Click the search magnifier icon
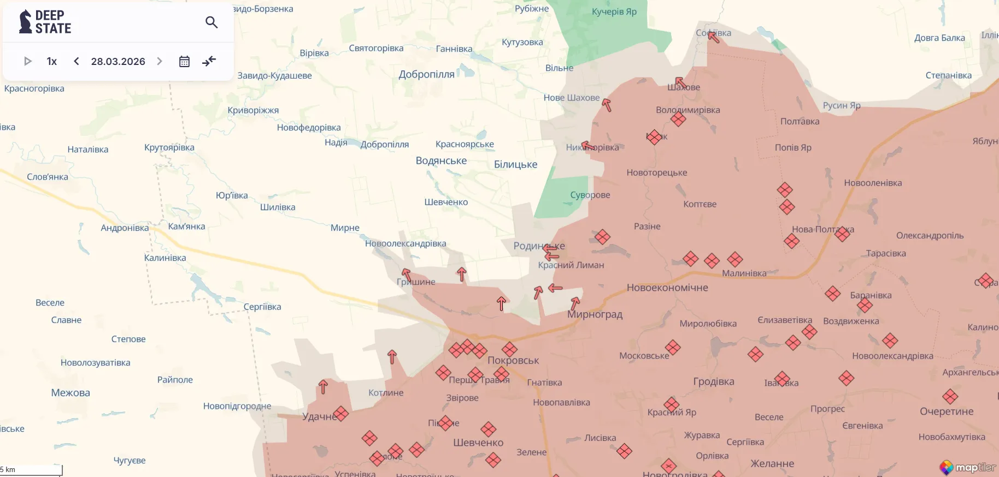(x=211, y=22)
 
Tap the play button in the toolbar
(x=28, y=61)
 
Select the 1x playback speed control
(x=52, y=61)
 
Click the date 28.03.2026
(x=118, y=61)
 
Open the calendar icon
(x=184, y=61)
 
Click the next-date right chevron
(x=160, y=61)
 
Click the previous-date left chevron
(x=77, y=61)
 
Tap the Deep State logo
(x=45, y=22)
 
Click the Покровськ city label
(x=513, y=360)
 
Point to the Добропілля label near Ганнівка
(x=426, y=74)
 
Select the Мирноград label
(x=595, y=314)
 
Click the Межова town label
(x=70, y=392)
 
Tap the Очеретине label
(x=947, y=411)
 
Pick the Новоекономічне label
(x=667, y=288)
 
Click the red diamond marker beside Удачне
(x=340, y=414)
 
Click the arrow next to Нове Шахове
(x=606, y=104)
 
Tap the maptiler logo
(x=968, y=467)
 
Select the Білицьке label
(x=515, y=164)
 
